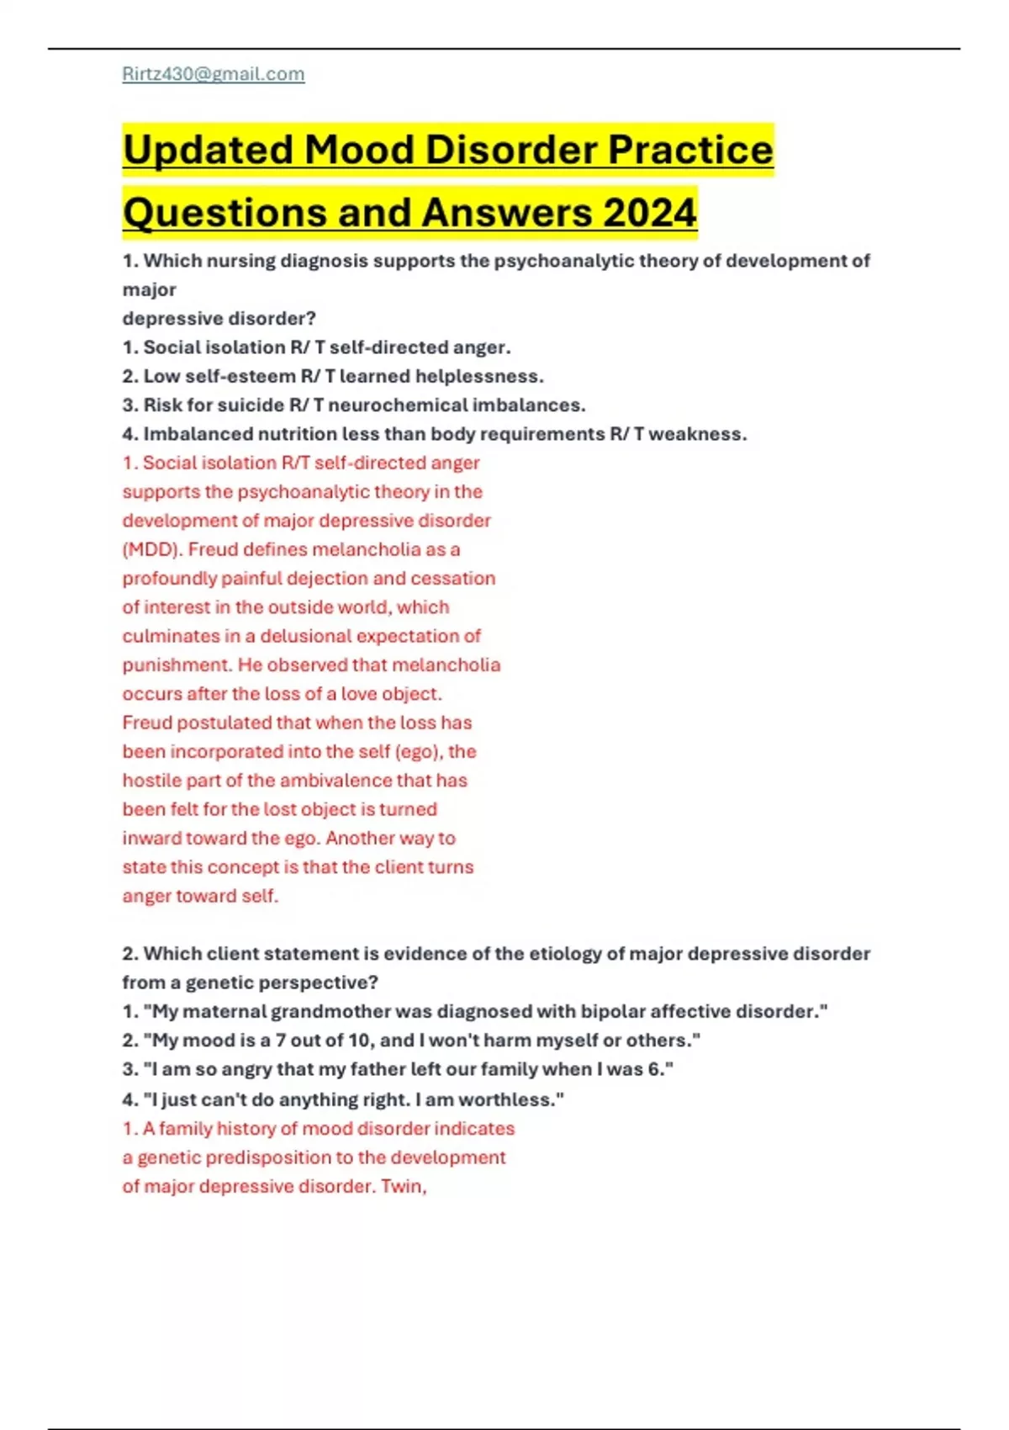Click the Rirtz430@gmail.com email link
point(214,74)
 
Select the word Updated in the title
point(207,151)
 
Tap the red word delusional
point(308,636)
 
